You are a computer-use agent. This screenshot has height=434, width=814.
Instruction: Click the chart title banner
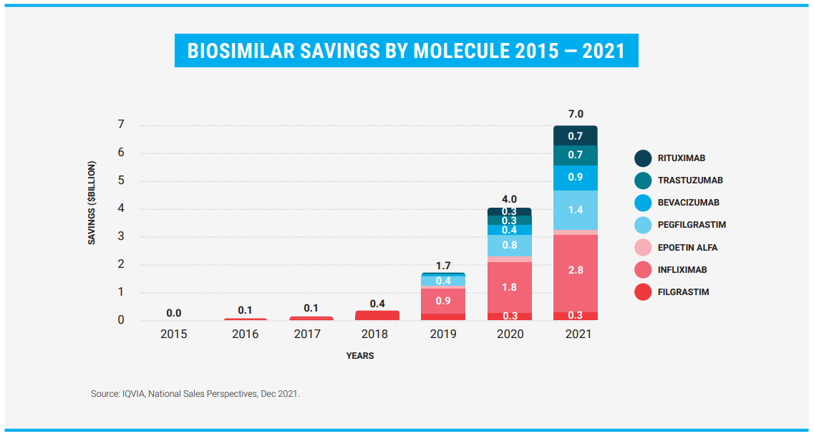406,51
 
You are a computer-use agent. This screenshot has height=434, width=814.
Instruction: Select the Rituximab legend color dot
643,158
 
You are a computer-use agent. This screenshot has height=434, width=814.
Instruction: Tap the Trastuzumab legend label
689,180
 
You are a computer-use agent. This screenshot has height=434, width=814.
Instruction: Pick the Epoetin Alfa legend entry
687,248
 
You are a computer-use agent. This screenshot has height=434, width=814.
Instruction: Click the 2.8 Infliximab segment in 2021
576,270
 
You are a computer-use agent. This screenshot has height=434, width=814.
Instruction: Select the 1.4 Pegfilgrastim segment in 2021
576,210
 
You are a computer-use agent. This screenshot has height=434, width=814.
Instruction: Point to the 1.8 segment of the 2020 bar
509,287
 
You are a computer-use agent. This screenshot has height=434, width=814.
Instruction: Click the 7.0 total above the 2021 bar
576,114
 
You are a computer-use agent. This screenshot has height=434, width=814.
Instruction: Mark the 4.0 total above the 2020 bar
509,199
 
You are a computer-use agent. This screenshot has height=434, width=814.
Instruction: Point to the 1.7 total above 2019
443,266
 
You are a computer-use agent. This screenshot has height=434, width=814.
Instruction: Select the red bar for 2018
377,315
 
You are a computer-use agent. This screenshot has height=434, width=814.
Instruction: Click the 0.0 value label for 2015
173,313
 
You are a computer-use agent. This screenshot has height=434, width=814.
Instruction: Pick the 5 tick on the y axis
121,180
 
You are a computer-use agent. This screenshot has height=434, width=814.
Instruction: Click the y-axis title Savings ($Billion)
92,203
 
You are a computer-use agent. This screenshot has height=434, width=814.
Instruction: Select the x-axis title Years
360,356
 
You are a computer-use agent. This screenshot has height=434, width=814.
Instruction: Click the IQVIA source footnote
195,394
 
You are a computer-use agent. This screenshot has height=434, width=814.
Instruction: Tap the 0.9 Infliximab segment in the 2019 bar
443,301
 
